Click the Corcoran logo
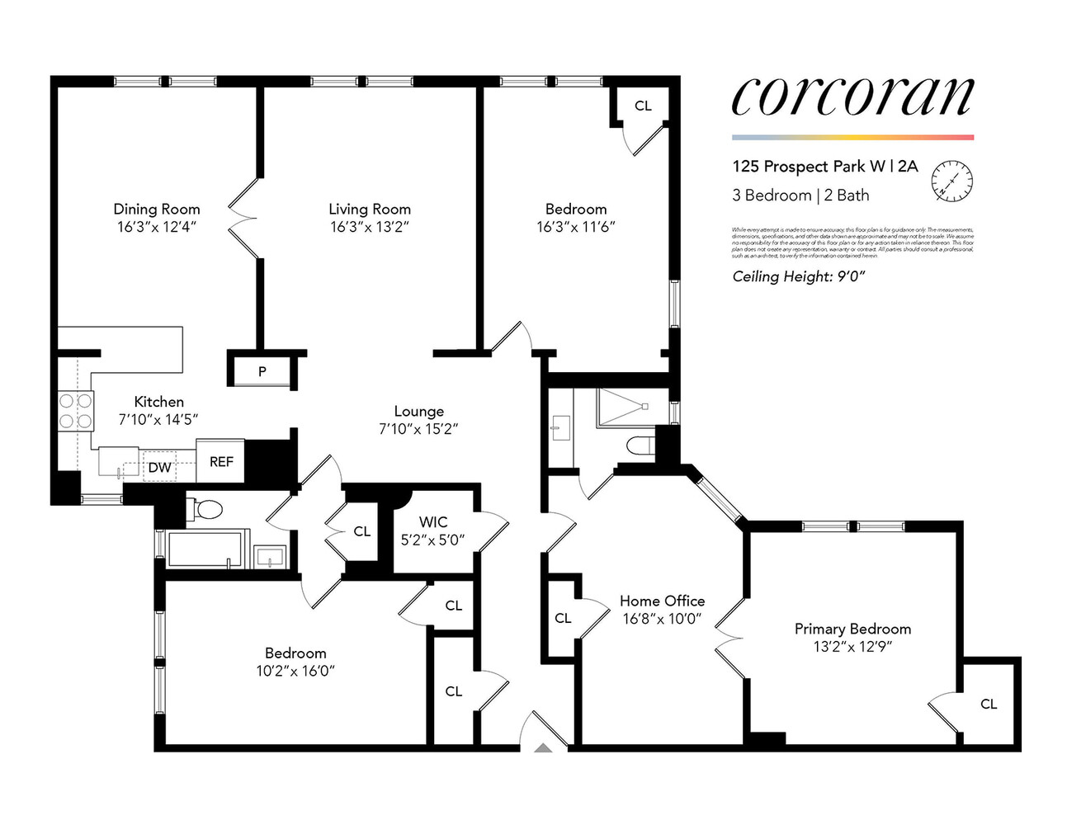click(x=852, y=97)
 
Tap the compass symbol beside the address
click(x=951, y=180)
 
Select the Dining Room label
click(x=157, y=210)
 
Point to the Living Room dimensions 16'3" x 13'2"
click(x=370, y=227)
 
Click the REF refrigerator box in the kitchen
click(x=221, y=462)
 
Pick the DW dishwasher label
click(x=159, y=468)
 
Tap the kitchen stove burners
click(x=75, y=410)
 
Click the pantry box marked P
click(x=262, y=371)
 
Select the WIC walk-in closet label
click(x=433, y=522)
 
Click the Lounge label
click(x=418, y=411)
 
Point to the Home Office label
click(x=662, y=601)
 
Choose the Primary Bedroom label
click(x=852, y=629)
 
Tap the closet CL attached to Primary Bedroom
click(x=989, y=704)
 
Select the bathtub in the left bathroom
click(x=205, y=549)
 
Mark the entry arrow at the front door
click(x=543, y=747)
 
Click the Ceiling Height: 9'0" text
click(x=798, y=277)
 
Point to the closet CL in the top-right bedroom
click(x=643, y=106)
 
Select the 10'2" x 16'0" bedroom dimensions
click(x=295, y=671)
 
